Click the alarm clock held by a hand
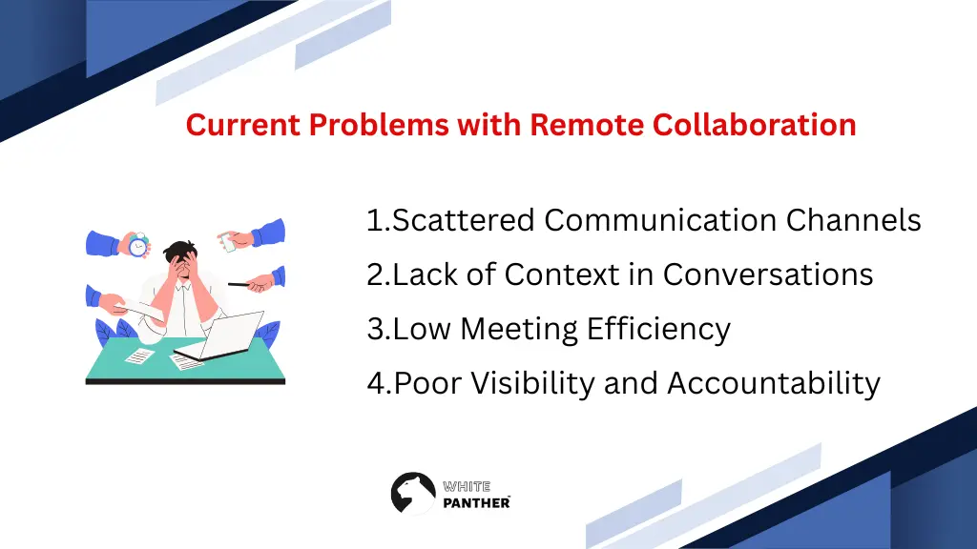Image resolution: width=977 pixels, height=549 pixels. pyautogui.click(x=139, y=245)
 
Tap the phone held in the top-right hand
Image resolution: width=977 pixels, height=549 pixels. pyautogui.click(x=227, y=242)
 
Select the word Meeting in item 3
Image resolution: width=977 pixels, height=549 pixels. pyautogui.click(x=519, y=329)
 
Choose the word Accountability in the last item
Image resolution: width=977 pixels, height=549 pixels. pyautogui.click(x=773, y=383)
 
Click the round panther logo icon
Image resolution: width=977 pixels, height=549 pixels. pyautogui.click(x=413, y=494)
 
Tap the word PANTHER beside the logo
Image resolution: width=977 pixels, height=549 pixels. pyautogui.click(x=476, y=502)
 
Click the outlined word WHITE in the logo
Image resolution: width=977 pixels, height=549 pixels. pyautogui.click(x=467, y=486)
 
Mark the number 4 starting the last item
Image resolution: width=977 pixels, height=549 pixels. pyautogui.click(x=375, y=383)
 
